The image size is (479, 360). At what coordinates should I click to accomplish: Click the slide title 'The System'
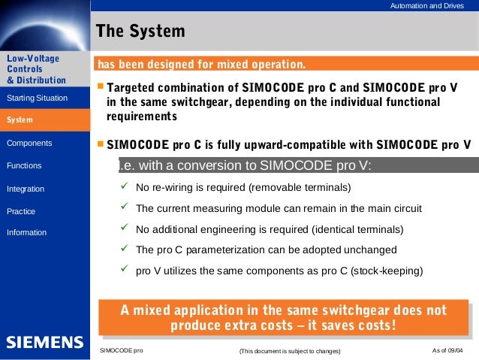[x=140, y=32]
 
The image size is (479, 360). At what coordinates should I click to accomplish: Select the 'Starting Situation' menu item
[x=37, y=98]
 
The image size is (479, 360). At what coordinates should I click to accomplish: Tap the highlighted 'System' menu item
[x=20, y=120]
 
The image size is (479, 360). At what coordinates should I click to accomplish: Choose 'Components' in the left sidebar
[x=29, y=143]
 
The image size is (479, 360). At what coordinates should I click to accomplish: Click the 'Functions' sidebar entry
[x=24, y=165]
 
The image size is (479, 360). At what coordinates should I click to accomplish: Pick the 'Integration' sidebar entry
[x=26, y=189]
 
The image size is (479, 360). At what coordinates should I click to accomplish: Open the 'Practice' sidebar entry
[x=21, y=212]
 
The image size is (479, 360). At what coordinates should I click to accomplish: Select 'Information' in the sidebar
[x=26, y=233]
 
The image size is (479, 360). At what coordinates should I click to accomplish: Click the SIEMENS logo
[x=45, y=343]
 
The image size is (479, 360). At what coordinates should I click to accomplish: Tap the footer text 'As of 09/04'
[x=448, y=351]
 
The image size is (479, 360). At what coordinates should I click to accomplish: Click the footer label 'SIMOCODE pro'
[x=121, y=351]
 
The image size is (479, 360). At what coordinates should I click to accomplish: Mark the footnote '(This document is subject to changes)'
[x=289, y=352]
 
